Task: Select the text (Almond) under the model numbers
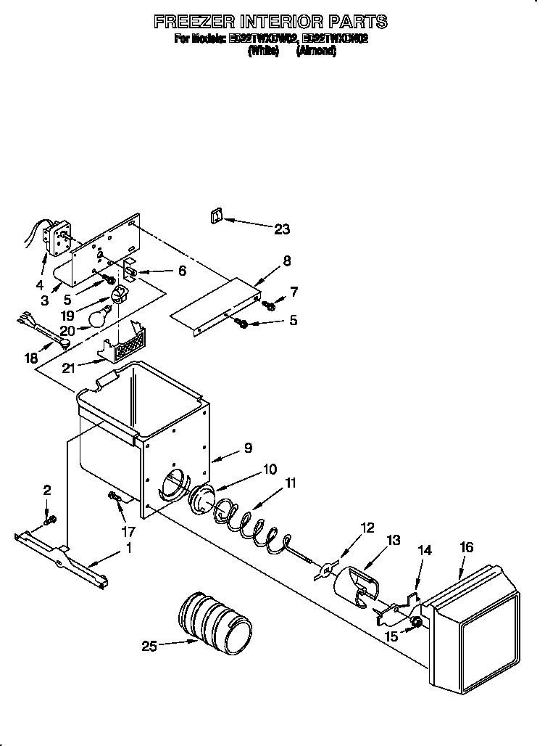pos(316,52)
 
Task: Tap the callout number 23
pos(281,229)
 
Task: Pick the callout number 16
pos(466,547)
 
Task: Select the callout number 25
pos(149,645)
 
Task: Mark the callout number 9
pos(248,448)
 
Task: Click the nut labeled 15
pos(417,622)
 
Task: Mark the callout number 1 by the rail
pos(129,549)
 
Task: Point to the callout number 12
pos(367,528)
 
